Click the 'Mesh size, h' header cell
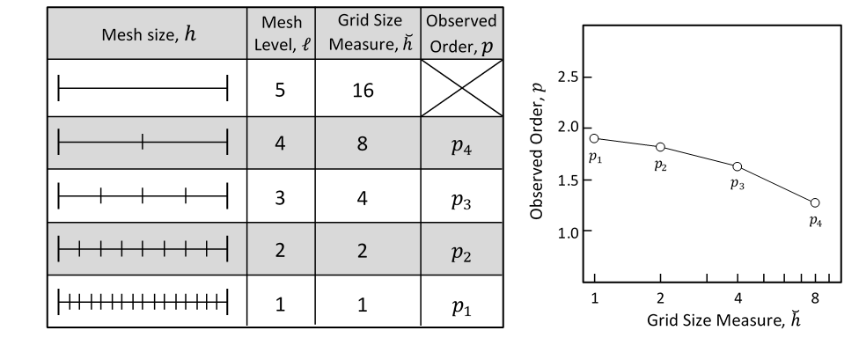point(147,33)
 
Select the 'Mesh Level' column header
point(280,33)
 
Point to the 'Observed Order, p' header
point(461,33)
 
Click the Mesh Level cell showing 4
point(280,143)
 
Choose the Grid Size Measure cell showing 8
point(363,143)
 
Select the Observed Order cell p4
point(461,143)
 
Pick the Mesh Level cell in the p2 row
point(280,249)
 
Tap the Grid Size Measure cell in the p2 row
point(363,249)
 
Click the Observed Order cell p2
point(461,250)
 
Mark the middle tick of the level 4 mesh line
point(143,142)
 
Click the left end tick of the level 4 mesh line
point(58,142)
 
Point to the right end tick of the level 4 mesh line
point(227,142)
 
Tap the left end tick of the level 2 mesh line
point(58,249)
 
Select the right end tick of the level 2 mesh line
point(227,249)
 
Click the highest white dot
point(594,138)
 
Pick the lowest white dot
point(815,202)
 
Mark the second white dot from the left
point(660,147)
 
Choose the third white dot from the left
point(737,166)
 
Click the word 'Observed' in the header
point(461,21)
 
